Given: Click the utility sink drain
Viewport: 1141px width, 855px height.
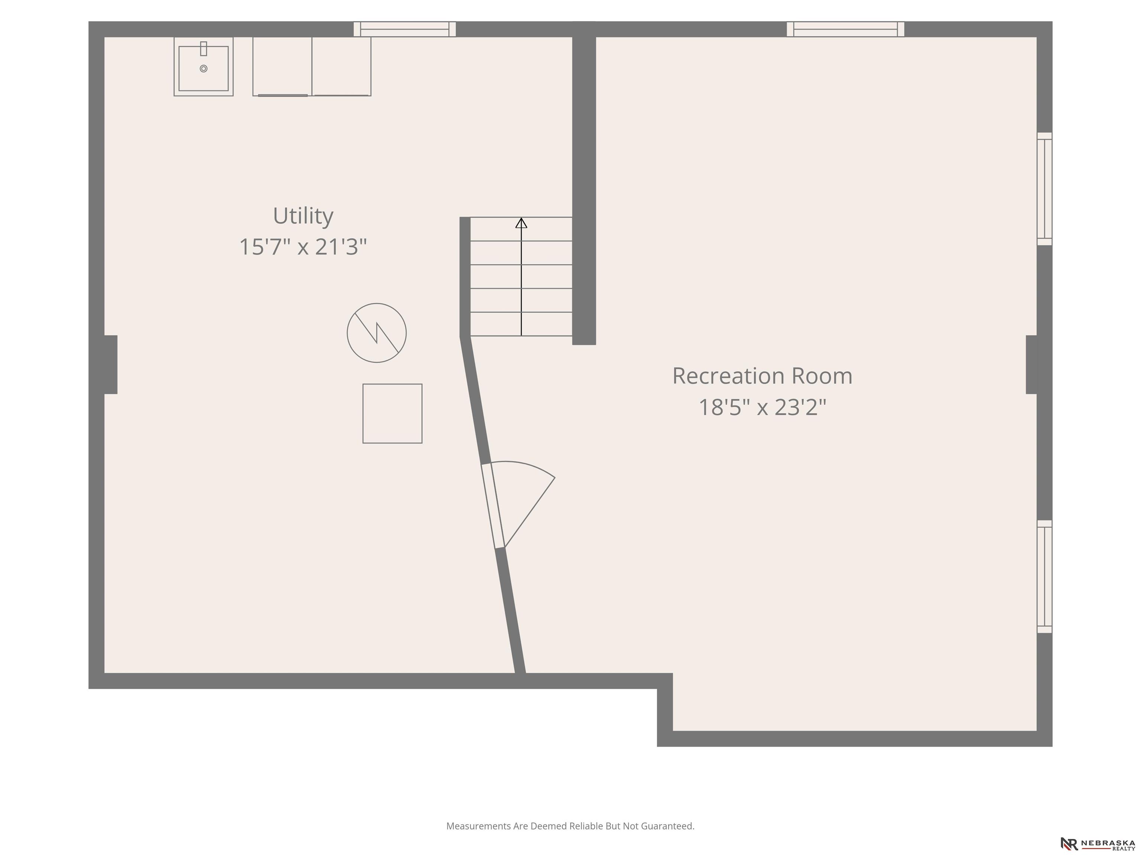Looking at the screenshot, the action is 204,69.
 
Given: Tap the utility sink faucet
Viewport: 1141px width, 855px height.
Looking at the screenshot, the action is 204,49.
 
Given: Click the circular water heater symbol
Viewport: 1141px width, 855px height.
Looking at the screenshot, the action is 377,333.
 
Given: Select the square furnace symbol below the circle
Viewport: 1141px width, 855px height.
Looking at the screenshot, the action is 393,413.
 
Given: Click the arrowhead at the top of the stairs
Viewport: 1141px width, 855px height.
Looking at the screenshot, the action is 521,223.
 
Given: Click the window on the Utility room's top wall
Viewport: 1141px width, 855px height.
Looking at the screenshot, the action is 404,29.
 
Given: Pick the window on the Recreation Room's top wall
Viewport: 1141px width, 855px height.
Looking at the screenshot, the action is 845,29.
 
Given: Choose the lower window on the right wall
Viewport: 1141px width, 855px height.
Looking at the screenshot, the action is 1044,576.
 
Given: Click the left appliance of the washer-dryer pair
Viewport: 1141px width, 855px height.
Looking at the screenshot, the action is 282,66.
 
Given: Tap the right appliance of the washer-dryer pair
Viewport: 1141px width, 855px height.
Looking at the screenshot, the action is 341,66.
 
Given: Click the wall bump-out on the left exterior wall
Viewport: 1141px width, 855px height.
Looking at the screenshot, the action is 110,364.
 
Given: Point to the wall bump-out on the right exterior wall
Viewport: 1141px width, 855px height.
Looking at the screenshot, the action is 1031,364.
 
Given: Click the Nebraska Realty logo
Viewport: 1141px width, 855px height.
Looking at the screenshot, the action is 1098,843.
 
